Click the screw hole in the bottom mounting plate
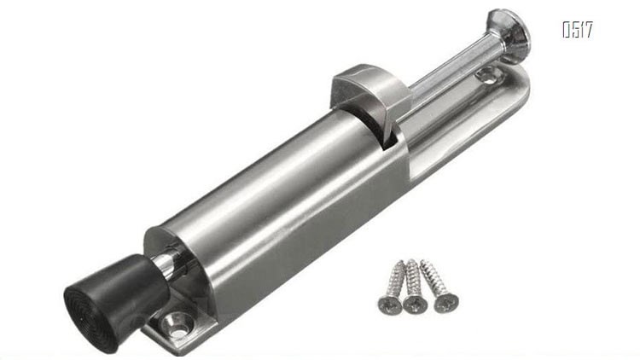[177, 323]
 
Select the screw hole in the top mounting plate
[488, 75]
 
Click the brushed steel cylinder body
[277, 204]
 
